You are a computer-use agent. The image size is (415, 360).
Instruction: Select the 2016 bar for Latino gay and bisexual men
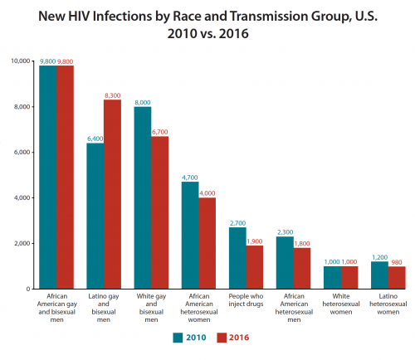coord(112,194)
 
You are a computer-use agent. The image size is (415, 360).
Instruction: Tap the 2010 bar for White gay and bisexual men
coord(143,197)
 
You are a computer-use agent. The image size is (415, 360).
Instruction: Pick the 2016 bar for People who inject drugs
coord(254,267)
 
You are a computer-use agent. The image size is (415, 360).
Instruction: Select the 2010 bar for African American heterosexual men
coord(286,262)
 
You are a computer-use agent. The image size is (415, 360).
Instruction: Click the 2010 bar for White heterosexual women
coord(333,277)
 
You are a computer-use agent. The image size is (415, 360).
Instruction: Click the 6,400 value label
coord(95,138)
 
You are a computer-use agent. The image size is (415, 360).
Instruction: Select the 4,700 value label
coord(190,177)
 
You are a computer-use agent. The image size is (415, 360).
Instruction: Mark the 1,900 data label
coord(255,241)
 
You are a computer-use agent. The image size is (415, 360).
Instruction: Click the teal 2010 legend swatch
coord(178,338)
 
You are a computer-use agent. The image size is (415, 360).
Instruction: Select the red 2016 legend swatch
coord(222,338)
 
